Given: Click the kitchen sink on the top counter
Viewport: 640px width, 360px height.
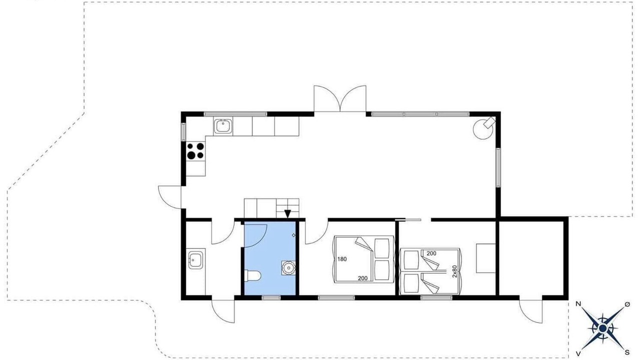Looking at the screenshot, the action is (x=223, y=126).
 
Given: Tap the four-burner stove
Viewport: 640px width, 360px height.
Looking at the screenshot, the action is (x=195, y=151).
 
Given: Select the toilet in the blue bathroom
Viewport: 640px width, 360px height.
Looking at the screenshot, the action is (x=253, y=276).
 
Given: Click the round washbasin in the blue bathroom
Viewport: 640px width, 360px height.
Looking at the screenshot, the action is (x=288, y=267).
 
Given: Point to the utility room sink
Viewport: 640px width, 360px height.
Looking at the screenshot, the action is (x=195, y=260).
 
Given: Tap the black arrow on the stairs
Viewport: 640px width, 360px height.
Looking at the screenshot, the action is (x=287, y=214).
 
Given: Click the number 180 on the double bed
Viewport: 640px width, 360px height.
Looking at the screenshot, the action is (x=342, y=259).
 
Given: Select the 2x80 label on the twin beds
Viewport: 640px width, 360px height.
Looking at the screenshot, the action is (x=454, y=271).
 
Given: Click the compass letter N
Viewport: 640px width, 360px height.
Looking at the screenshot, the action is (x=578, y=304).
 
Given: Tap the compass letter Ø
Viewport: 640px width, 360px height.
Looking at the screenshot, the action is (x=627, y=304).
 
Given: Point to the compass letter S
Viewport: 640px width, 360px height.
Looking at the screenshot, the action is (x=627, y=352).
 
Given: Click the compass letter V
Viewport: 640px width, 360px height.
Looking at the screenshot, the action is (x=578, y=354).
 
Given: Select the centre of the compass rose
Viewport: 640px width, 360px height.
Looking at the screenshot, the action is (x=602, y=328).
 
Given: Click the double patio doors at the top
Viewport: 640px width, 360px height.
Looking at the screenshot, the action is (x=340, y=98).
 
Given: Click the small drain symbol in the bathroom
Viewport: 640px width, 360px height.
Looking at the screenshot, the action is (x=293, y=235).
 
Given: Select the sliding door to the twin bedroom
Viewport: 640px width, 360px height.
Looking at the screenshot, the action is (x=408, y=219).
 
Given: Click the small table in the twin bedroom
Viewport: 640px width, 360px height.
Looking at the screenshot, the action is (x=485, y=258).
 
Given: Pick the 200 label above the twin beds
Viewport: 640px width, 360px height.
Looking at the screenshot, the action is (x=431, y=253).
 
